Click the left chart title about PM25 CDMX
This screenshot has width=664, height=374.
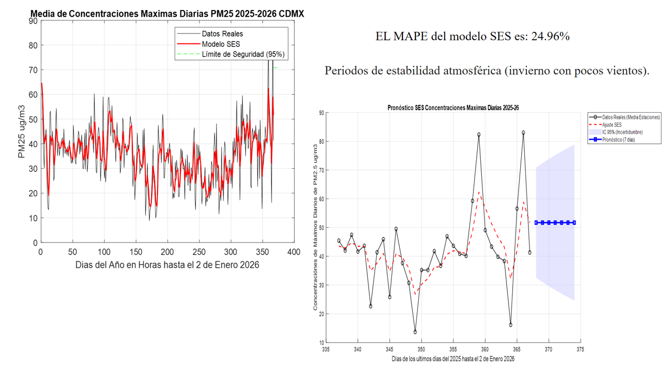(167, 14)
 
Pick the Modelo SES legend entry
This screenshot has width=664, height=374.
(221, 44)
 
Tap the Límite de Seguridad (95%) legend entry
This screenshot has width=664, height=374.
(243, 54)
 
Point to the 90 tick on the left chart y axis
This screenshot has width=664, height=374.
(33, 21)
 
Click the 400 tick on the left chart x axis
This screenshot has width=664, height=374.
(294, 252)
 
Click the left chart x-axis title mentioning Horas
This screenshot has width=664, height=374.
(167, 265)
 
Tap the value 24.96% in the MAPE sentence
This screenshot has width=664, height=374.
(550, 36)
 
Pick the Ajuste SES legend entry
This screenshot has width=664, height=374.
(612, 125)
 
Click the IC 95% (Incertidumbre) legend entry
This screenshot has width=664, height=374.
(622, 132)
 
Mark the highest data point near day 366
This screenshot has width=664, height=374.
(523, 133)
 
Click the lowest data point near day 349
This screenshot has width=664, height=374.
(415, 332)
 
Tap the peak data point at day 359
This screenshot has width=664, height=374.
(479, 135)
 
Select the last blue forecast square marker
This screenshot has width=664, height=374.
(574, 223)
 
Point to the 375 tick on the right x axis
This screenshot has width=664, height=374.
(580, 349)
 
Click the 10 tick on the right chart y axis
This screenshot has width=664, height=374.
(321, 343)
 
